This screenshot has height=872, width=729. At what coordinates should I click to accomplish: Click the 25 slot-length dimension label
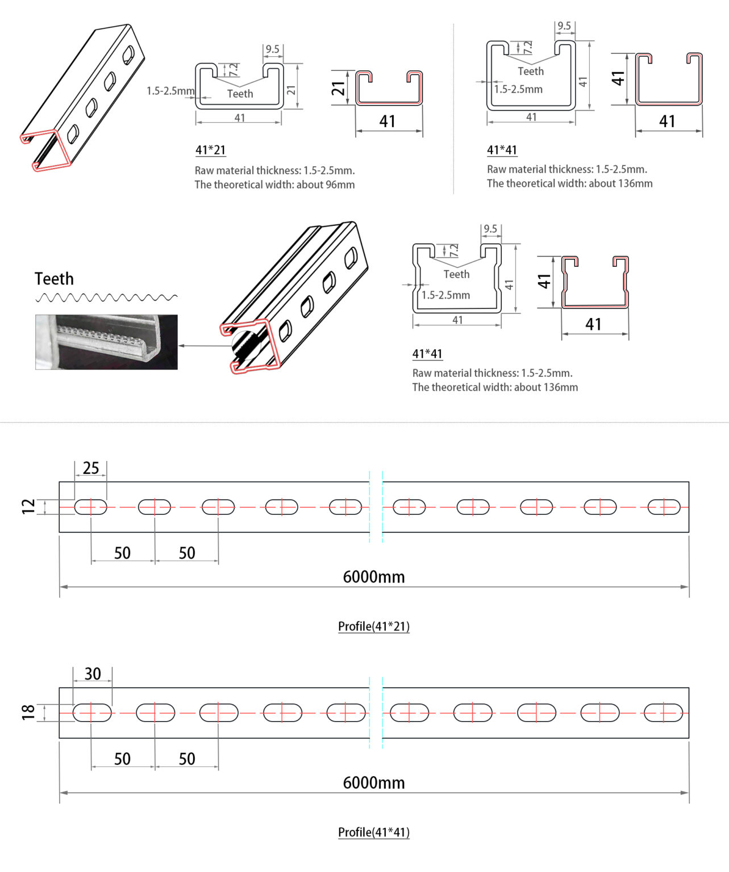91,468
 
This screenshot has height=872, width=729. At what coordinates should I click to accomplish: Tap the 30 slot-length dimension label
93,674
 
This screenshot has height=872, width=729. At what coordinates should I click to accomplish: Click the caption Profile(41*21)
373,626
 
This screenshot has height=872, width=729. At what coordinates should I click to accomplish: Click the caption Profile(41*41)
373,832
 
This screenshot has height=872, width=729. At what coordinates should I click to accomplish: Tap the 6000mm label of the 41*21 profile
373,577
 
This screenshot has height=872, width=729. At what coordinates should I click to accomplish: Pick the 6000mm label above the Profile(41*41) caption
373,783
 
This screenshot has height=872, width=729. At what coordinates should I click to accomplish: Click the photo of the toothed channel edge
106,342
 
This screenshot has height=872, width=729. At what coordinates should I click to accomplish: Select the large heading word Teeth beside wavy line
54,279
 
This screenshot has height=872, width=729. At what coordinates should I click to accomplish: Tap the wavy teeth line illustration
106,297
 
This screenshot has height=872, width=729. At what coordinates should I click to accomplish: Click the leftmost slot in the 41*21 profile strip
91,507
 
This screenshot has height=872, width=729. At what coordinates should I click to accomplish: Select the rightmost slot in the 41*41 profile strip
663,712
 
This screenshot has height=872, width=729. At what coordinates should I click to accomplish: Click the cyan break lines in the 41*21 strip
376,506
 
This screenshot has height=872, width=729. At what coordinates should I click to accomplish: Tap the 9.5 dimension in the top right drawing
564,26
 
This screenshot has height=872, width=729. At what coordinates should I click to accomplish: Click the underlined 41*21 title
210,150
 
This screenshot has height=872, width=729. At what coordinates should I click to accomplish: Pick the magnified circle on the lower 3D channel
247,345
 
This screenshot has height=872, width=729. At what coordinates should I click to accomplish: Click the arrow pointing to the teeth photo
205,345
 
